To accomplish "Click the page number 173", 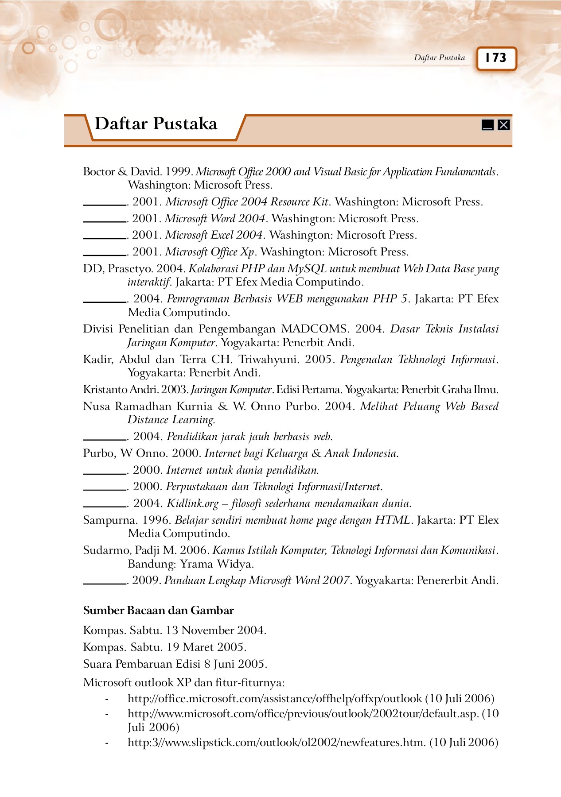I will tap(496, 58).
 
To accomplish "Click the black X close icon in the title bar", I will tap(503, 125).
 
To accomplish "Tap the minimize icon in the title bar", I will tap(487, 125).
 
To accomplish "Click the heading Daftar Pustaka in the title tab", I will tap(156, 124).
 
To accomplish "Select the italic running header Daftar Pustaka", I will tap(439, 58).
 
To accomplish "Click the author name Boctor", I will tap(99, 172).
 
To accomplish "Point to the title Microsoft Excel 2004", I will tap(214, 235).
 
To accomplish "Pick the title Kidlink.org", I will tap(193, 503).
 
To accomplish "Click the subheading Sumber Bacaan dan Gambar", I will tap(158, 611).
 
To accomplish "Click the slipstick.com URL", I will tap(277, 743).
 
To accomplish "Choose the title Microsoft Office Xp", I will tap(210, 252).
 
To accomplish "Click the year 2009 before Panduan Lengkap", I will tap(145, 580).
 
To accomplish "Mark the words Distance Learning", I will tap(171, 420).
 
